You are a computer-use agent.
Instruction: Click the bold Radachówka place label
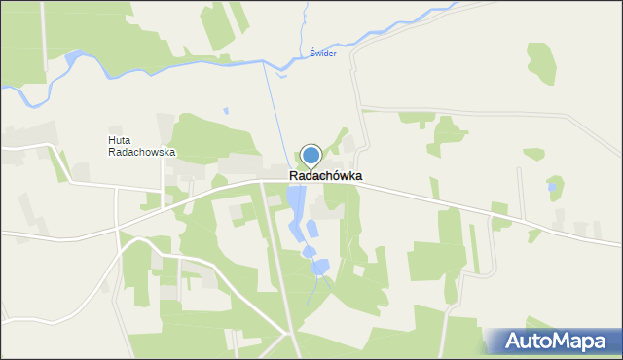(326, 176)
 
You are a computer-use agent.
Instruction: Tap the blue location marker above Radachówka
(311, 156)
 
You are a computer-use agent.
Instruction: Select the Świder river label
(322, 54)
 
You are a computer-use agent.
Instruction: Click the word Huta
(119, 140)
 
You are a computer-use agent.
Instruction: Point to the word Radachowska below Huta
(142, 153)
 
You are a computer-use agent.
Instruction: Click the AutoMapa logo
(554, 342)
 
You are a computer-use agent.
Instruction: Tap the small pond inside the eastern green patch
(553, 186)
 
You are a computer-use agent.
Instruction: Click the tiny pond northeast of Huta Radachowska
(226, 111)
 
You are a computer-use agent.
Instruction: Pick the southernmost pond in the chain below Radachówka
(320, 266)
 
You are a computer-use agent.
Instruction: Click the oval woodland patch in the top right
(541, 62)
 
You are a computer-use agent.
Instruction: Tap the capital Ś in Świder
(312, 54)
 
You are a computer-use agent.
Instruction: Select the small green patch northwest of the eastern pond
(533, 154)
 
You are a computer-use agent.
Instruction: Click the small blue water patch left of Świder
(281, 70)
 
